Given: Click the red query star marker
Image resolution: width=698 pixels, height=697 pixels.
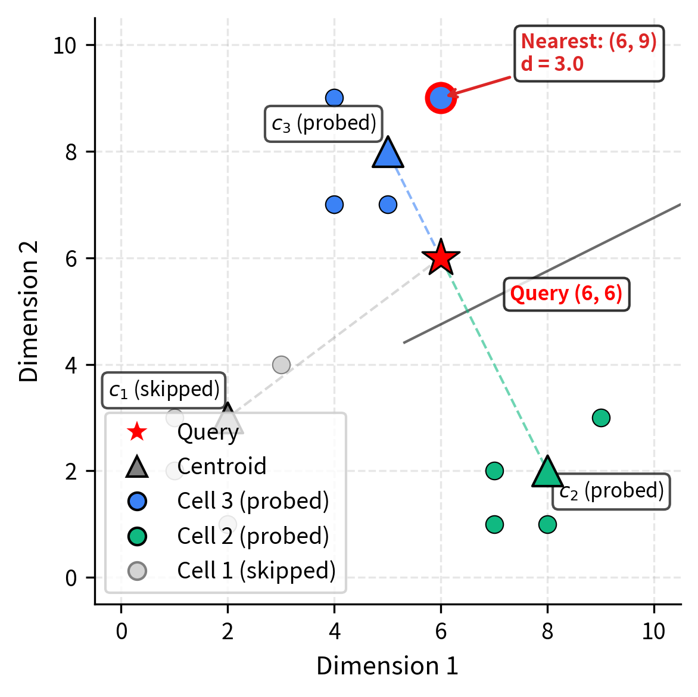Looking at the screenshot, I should click(x=441, y=258).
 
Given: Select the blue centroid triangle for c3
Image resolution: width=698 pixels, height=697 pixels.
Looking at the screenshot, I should click(x=388, y=153).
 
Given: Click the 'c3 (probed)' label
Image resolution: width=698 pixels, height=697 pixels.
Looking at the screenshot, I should click(x=323, y=124).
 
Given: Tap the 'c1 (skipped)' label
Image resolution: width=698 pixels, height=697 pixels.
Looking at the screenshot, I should click(x=164, y=390).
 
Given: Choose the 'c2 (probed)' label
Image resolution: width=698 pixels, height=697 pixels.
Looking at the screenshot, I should click(x=611, y=491).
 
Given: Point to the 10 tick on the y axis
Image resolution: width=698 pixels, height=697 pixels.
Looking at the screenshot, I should click(x=65, y=45).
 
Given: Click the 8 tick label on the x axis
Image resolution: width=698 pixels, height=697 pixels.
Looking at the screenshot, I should click(x=547, y=631).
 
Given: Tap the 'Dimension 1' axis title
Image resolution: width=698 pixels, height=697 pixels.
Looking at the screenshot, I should click(x=387, y=666).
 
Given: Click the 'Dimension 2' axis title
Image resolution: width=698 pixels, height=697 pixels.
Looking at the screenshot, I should click(x=29, y=311).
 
